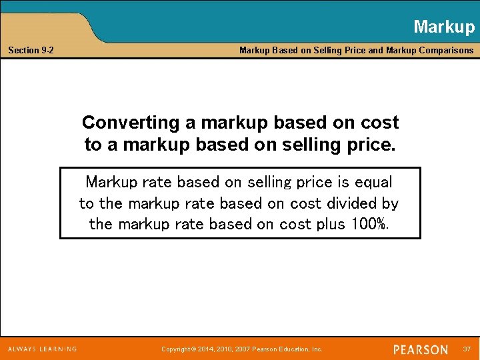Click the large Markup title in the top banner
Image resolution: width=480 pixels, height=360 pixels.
click(x=443, y=27)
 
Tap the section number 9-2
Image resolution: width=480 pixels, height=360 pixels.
click(x=48, y=51)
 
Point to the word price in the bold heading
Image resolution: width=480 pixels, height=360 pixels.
click(x=372, y=144)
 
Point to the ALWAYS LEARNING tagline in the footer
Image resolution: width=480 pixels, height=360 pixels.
click(x=43, y=349)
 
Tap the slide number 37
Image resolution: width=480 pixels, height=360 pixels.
click(x=466, y=349)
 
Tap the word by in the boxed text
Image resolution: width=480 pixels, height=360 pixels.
click(x=390, y=203)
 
